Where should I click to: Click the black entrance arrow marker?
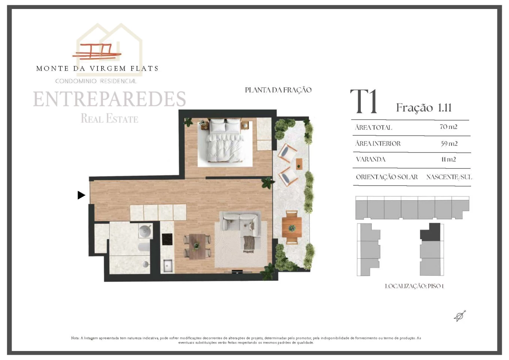pyautogui.click(x=81, y=195)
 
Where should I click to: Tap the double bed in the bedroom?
pyautogui.click(x=225, y=140)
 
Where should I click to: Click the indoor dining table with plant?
pyautogui.click(x=197, y=246)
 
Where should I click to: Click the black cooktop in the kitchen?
pyautogui.click(x=167, y=239)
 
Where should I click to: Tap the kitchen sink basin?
pyautogui.click(x=167, y=265)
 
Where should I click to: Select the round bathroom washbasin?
pyautogui.click(x=145, y=231)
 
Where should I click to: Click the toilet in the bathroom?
pyautogui.click(x=144, y=247)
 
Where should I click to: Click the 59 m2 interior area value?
pyautogui.click(x=449, y=144)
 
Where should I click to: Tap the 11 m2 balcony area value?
pyautogui.click(x=449, y=159)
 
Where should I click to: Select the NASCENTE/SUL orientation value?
pyautogui.click(x=449, y=177)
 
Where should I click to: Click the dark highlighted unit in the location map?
pyautogui.click(x=430, y=232)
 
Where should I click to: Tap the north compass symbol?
pyautogui.click(x=460, y=316)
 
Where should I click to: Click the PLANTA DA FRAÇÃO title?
pyautogui.click(x=278, y=90)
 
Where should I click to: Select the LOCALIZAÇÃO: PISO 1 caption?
pyautogui.click(x=414, y=286)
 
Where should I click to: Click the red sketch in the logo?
pyautogui.click(x=97, y=51)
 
